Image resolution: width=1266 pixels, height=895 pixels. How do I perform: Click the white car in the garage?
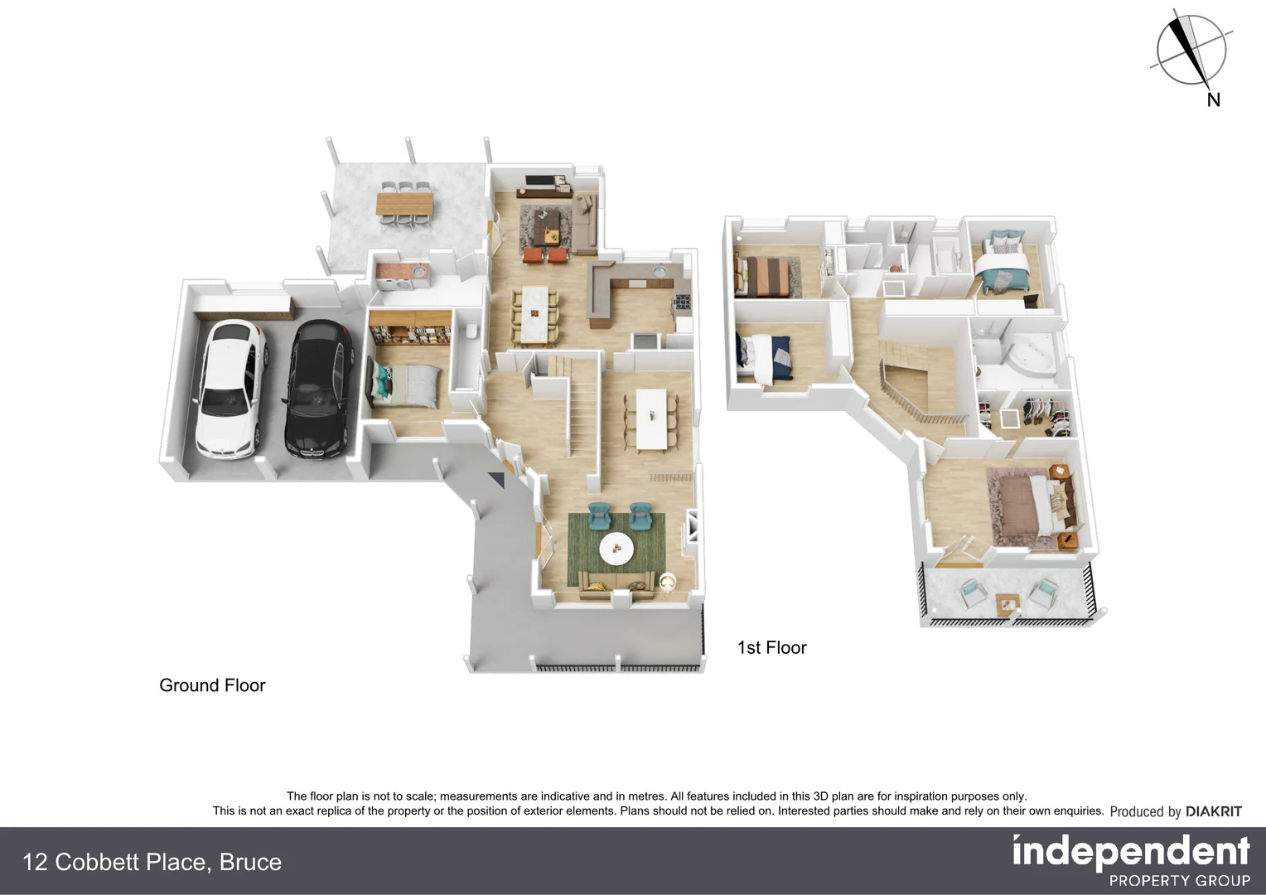click(x=230, y=389)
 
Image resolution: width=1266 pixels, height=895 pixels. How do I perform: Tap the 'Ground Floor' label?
click(x=212, y=685)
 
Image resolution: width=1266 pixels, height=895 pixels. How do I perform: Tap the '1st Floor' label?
click(x=771, y=648)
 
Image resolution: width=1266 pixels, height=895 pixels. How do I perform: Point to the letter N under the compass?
click(x=1214, y=100)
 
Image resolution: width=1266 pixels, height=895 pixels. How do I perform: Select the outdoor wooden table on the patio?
click(x=404, y=202)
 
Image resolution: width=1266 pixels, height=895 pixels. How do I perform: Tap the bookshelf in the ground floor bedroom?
click(x=409, y=335)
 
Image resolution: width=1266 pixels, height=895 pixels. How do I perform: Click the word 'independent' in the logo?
click(x=1131, y=852)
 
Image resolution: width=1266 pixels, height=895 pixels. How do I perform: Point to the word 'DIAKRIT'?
click(x=1213, y=812)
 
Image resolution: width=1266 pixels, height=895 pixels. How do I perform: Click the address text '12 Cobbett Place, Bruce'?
click(x=152, y=863)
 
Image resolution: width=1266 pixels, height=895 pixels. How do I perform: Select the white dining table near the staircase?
click(x=650, y=419)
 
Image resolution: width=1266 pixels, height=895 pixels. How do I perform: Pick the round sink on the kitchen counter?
click(x=660, y=272)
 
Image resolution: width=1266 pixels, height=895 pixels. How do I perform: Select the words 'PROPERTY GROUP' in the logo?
click(x=1179, y=881)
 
